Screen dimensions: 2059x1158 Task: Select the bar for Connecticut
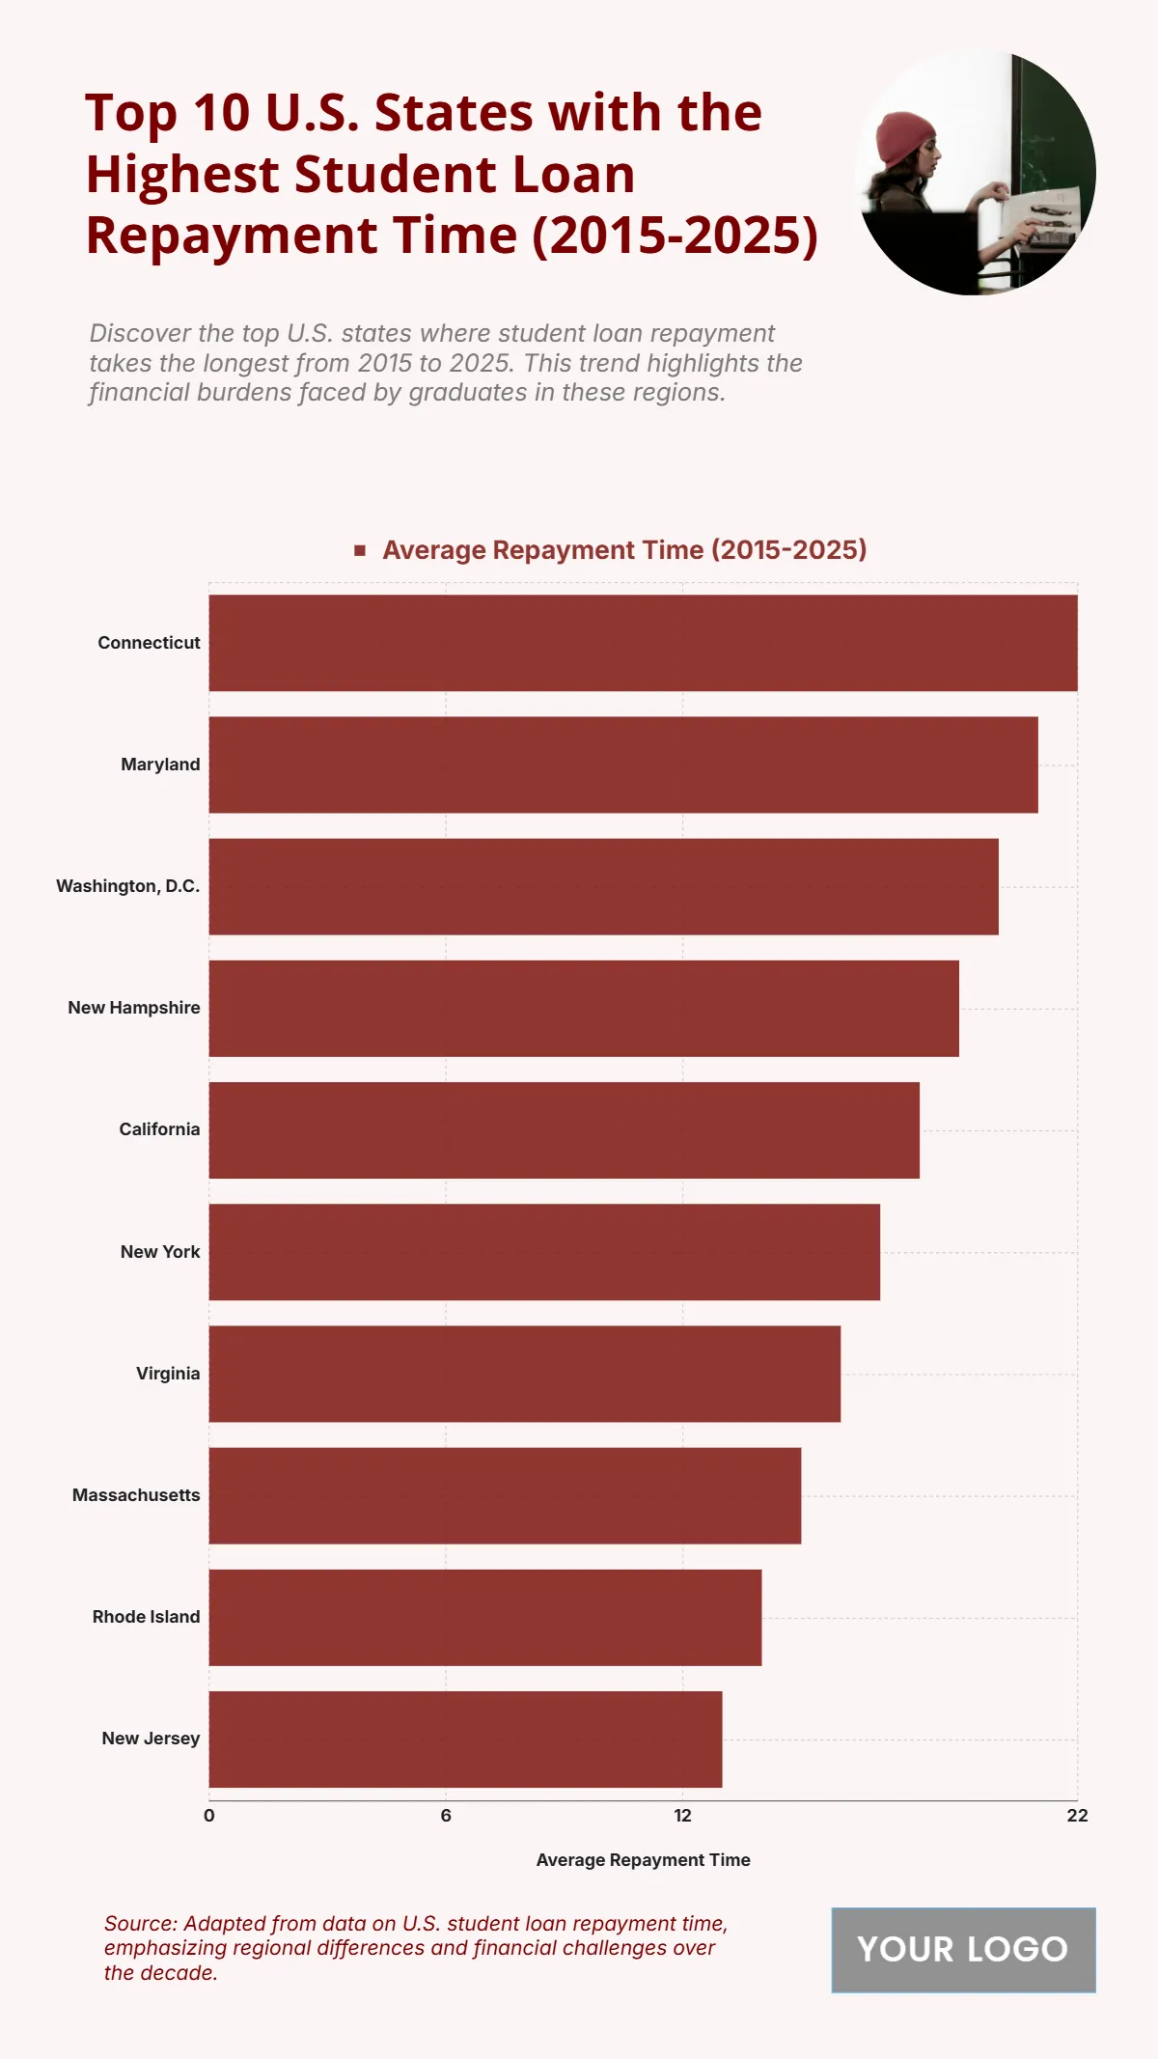[643, 643]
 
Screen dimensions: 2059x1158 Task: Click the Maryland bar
[623, 765]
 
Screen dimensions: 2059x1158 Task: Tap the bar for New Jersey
[465, 1739]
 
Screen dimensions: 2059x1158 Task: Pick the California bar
[564, 1130]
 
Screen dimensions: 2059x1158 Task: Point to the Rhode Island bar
[484, 1618]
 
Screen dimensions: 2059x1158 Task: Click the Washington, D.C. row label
[128, 886]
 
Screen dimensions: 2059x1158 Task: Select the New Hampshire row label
[134, 1008]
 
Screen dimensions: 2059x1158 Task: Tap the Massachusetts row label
[136, 1495]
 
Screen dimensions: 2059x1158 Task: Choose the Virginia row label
[168, 1374]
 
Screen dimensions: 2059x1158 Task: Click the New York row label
[160, 1252]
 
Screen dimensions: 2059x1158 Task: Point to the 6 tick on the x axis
[446, 1816]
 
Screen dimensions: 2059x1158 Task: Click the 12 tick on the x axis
[682, 1816]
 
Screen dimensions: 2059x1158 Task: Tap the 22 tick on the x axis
[1077, 1816]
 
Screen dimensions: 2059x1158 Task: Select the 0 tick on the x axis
[209, 1816]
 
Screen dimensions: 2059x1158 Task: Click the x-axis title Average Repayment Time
[643, 1860]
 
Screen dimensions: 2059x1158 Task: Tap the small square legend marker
[360, 550]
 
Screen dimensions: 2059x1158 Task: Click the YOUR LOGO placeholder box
[963, 1950]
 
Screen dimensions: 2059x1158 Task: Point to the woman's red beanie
[905, 138]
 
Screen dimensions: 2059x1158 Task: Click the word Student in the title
[396, 175]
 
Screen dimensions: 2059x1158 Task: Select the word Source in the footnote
[139, 1924]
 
